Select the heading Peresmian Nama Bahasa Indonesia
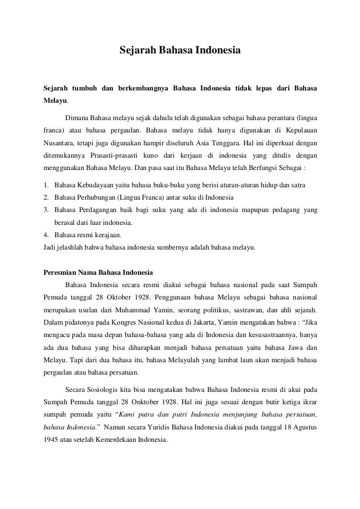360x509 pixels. point(98,272)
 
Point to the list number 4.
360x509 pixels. point(45,235)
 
